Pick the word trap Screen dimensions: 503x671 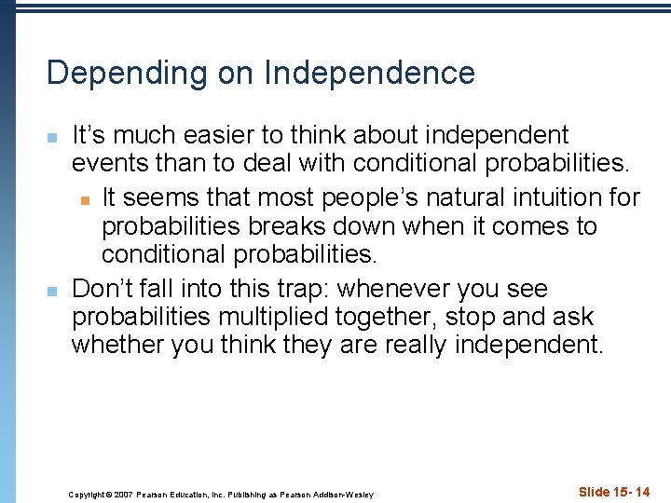[x=258, y=289]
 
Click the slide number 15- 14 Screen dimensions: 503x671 [x=614, y=492]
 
